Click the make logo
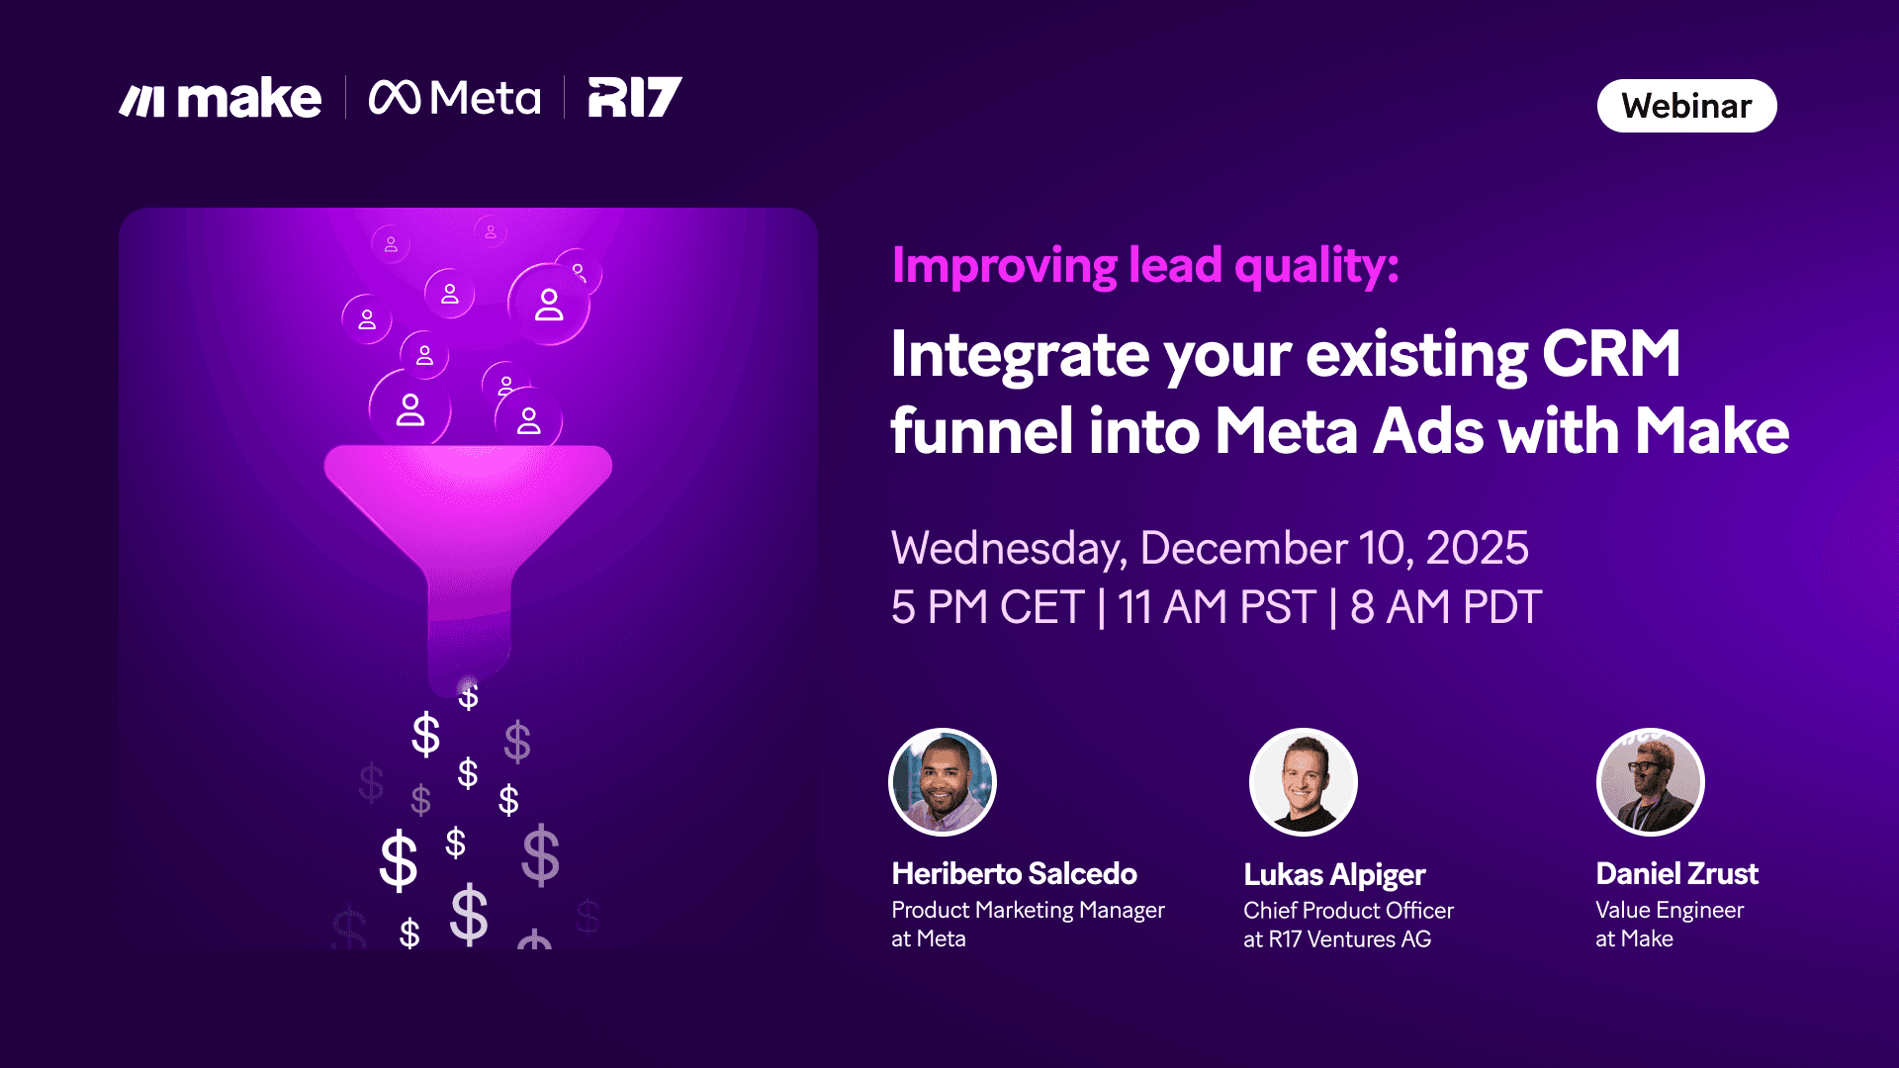click(221, 98)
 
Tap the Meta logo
click(455, 98)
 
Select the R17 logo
click(634, 97)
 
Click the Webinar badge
click(1686, 106)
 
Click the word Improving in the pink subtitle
click(1004, 265)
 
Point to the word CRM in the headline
click(1610, 354)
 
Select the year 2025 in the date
click(1477, 548)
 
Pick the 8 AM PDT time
click(1445, 607)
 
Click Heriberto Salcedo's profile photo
click(943, 782)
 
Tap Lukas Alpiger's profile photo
click(1303, 782)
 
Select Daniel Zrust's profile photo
click(1650, 782)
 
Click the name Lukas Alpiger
click(1333, 874)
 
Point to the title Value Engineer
click(1669, 910)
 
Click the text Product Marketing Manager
click(1028, 910)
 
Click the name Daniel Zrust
click(1676, 874)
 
